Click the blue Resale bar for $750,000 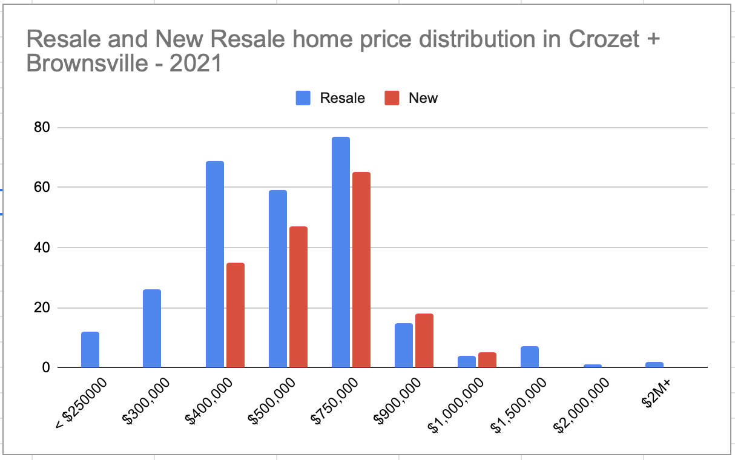click(341, 252)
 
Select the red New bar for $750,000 click(361, 270)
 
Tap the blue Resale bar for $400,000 click(215, 264)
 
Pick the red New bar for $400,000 click(236, 315)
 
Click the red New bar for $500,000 click(298, 297)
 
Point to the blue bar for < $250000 click(90, 350)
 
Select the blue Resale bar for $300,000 click(152, 329)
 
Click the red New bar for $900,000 click(424, 341)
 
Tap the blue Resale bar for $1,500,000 click(530, 357)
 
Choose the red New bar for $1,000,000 click(487, 360)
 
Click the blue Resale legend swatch click(303, 98)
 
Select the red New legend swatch click(392, 98)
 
